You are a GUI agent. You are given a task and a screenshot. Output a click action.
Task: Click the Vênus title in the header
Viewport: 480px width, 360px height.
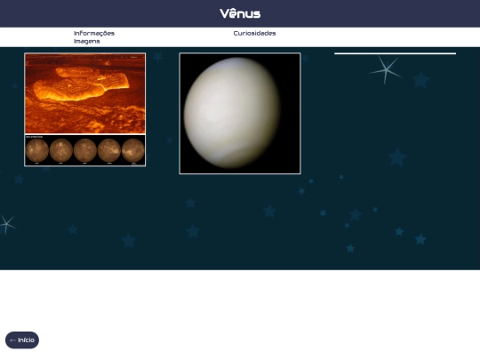point(240,13)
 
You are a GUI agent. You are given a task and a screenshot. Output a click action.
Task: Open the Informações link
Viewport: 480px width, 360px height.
point(93,33)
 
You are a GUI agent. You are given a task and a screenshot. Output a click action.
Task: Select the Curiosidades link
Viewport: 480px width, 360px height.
point(254,33)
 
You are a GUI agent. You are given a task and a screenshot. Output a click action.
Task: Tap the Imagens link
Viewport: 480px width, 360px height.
point(86,41)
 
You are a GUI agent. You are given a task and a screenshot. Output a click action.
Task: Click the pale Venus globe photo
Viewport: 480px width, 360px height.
point(232,112)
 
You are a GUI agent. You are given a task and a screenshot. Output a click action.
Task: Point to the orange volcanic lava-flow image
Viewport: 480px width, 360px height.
point(84,93)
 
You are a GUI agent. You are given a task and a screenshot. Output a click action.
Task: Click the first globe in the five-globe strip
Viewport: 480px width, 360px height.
point(37,149)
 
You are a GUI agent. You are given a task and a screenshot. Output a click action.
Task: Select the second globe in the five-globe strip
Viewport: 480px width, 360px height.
point(61,149)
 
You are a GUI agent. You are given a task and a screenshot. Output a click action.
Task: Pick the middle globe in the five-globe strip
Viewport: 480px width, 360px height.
point(85,149)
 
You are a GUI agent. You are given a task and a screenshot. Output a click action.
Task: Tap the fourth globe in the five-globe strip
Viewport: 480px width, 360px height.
point(109,149)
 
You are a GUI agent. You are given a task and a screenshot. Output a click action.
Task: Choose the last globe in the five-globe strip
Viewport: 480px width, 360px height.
point(133,149)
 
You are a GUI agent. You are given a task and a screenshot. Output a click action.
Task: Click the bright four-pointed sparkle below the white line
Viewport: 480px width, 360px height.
point(385,69)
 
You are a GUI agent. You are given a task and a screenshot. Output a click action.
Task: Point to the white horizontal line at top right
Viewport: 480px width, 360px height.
point(395,53)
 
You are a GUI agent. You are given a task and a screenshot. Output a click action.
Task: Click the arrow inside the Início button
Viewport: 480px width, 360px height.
point(12,340)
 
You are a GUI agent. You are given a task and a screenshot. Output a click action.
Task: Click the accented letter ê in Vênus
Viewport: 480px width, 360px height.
point(235,13)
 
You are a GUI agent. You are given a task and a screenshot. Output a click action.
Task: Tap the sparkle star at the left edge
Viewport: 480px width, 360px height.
point(5,223)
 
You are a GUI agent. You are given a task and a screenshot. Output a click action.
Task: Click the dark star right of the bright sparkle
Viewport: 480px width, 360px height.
point(420,80)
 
